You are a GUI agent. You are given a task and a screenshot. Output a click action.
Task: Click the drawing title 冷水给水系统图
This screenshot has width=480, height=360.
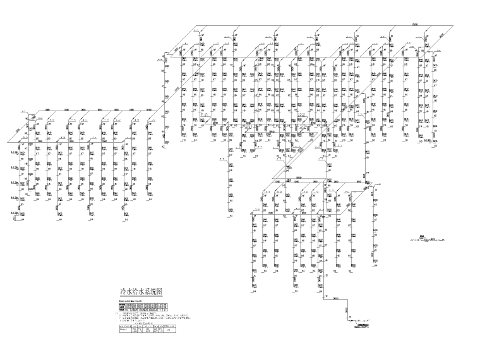pyautogui.click(x=141, y=292)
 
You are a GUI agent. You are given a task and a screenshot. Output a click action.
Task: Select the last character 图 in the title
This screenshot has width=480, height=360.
pyautogui.click(x=160, y=292)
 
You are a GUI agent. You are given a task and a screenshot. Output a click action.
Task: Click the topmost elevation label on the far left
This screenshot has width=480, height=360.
pyautogui.click(x=13, y=152)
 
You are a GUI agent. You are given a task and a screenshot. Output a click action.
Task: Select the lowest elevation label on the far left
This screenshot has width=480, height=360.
pyautogui.click(x=13, y=214)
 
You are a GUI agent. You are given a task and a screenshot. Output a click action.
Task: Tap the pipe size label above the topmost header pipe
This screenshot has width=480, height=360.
pyautogui.click(x=415, y=24)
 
